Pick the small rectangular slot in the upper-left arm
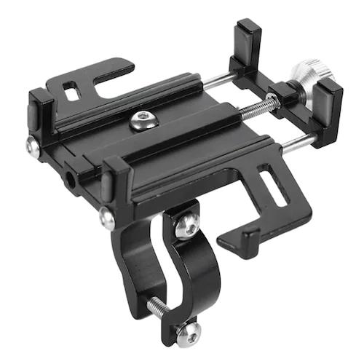[71, 93]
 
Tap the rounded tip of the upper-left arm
[127, 67]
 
